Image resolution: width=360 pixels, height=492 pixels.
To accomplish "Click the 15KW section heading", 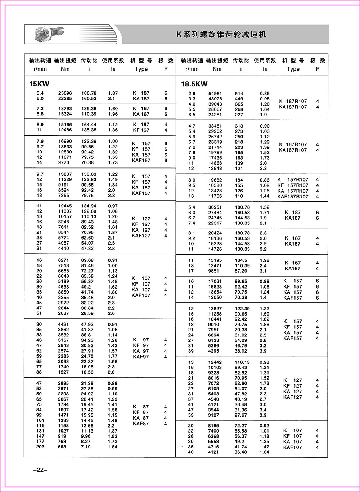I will (x=39, y=84).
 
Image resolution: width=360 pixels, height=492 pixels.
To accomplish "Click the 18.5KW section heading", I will (x=194, y=84).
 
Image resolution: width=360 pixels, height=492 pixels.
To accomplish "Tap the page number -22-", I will (x=37, y=470).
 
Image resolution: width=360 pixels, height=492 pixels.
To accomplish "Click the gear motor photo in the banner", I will (x=49, y=34).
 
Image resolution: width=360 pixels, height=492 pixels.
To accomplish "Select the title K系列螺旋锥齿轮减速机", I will (x=221, y=35).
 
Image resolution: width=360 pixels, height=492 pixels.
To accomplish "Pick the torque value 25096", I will (x=65, y=93).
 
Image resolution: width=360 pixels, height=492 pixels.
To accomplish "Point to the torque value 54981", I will (x=215, y=94).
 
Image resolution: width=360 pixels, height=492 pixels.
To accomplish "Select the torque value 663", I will (x=62, y=447).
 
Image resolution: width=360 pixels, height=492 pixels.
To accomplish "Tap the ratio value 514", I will (x=239, y=94).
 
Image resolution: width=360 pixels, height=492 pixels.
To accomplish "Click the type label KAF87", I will (x=140, y=424).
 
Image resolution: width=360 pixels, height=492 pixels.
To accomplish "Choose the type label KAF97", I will (x=140, y=357).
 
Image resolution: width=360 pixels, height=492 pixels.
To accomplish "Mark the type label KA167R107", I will (x=293, y=150).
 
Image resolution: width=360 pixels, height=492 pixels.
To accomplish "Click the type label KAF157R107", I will (x=293, y=197).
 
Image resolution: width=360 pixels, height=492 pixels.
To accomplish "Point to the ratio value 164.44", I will (x=89, y=125).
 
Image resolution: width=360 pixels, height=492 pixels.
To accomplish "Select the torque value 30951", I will (x=215, y=207).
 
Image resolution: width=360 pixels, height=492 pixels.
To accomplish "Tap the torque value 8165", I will (x=214, y=426).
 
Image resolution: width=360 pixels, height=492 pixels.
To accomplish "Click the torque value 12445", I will (x=65, y=206).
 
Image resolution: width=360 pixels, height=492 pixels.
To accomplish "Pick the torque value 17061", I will (x=215, y=281).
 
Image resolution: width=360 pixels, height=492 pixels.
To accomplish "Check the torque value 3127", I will (x=214, y=415).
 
